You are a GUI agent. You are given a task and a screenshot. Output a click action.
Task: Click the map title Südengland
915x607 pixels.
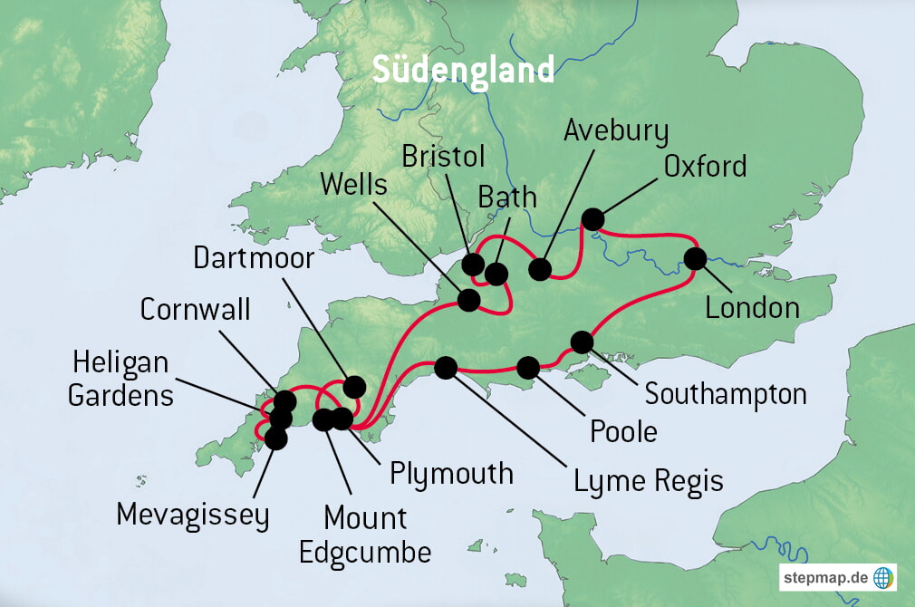coord(463,70)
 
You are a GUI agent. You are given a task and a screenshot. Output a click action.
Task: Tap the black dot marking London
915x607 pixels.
coord(695,258)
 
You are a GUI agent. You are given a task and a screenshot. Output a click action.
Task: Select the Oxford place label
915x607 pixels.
coord(705,166)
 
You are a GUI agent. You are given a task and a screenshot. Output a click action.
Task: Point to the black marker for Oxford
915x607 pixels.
coord(592,219)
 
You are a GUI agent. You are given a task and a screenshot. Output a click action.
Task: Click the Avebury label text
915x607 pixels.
coord(616,131)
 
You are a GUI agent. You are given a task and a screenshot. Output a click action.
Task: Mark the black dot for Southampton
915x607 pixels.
coord(582,342)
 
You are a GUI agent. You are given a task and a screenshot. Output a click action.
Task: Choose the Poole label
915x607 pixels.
coord(623,431)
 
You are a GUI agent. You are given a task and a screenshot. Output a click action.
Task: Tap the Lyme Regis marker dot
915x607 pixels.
coord(446,367)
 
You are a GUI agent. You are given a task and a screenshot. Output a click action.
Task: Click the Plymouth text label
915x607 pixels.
coord(451,473)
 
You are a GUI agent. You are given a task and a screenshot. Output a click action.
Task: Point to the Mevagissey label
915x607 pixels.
coord(193,515)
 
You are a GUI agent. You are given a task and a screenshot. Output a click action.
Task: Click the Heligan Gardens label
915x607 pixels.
coord(121,379)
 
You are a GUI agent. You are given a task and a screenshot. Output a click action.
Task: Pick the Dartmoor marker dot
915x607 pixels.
coord(353,387)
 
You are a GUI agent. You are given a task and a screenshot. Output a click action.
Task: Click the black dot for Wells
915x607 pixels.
coord(469,300)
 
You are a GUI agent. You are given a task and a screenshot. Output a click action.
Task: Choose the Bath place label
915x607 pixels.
coord(507,197)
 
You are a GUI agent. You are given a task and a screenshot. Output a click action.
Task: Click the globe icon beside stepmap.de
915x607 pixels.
coord(882,576)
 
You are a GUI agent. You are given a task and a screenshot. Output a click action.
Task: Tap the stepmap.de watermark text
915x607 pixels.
coord(825,576)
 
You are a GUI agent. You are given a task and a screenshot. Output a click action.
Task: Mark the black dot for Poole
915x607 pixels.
coord(527,367)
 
